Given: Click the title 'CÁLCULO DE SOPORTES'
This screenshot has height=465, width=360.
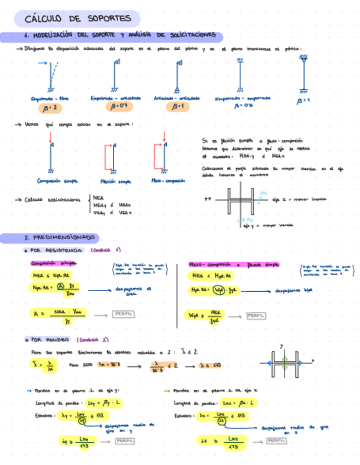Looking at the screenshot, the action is pos(78,19).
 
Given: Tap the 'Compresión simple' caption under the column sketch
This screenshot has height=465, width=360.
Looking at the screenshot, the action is pos(57,180).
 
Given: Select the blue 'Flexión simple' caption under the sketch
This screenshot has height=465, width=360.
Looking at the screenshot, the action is pos(115,181).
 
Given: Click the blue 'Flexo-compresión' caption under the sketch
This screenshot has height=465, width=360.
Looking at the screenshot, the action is pos(168,180).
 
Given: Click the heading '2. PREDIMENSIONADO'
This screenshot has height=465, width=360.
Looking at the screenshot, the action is pos(60,238).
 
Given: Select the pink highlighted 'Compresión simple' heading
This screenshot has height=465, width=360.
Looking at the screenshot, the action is pos(54,263).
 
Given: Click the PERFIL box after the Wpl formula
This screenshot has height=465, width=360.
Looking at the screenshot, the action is pos(255,316).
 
